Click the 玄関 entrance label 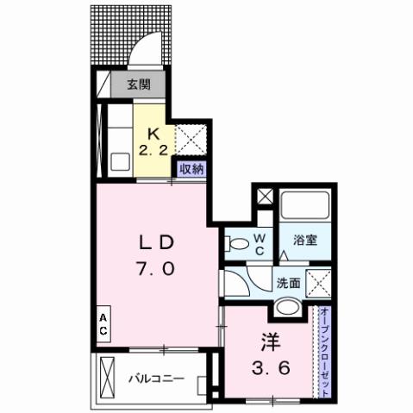tap(140, 85)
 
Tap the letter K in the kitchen tap(153, 134)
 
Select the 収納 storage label tap(191, 169)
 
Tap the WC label tap(258, 244)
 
